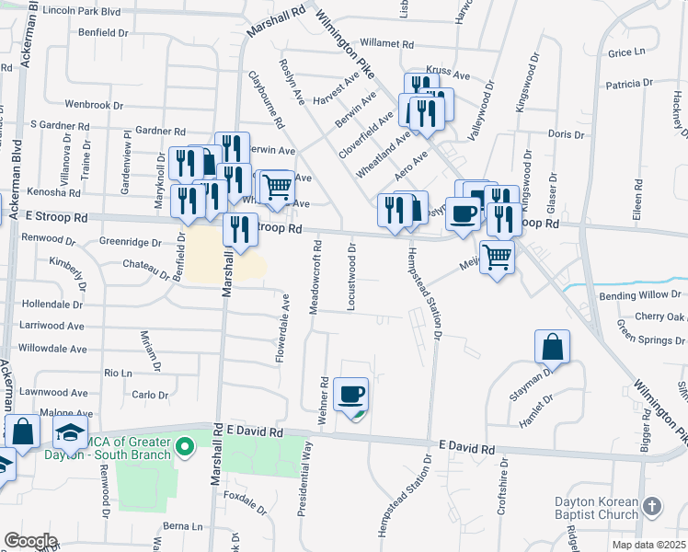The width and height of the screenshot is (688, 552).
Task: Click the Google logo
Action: pos(29,541)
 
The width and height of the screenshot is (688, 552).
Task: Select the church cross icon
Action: pos(651,506)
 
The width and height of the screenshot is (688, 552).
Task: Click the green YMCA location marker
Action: pos(185,448)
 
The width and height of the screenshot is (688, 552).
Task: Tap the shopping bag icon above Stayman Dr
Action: pos(552,348)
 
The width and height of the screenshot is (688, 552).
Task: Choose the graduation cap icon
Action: pos(70,432)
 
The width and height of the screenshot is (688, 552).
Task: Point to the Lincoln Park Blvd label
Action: pos(63,11)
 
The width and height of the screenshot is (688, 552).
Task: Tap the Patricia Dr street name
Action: pos(629,85)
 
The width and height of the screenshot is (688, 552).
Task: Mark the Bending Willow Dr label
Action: pos(642,296)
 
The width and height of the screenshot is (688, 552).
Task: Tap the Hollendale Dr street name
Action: pos(52,304)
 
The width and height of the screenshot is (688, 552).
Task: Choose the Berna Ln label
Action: pos(182,527)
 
